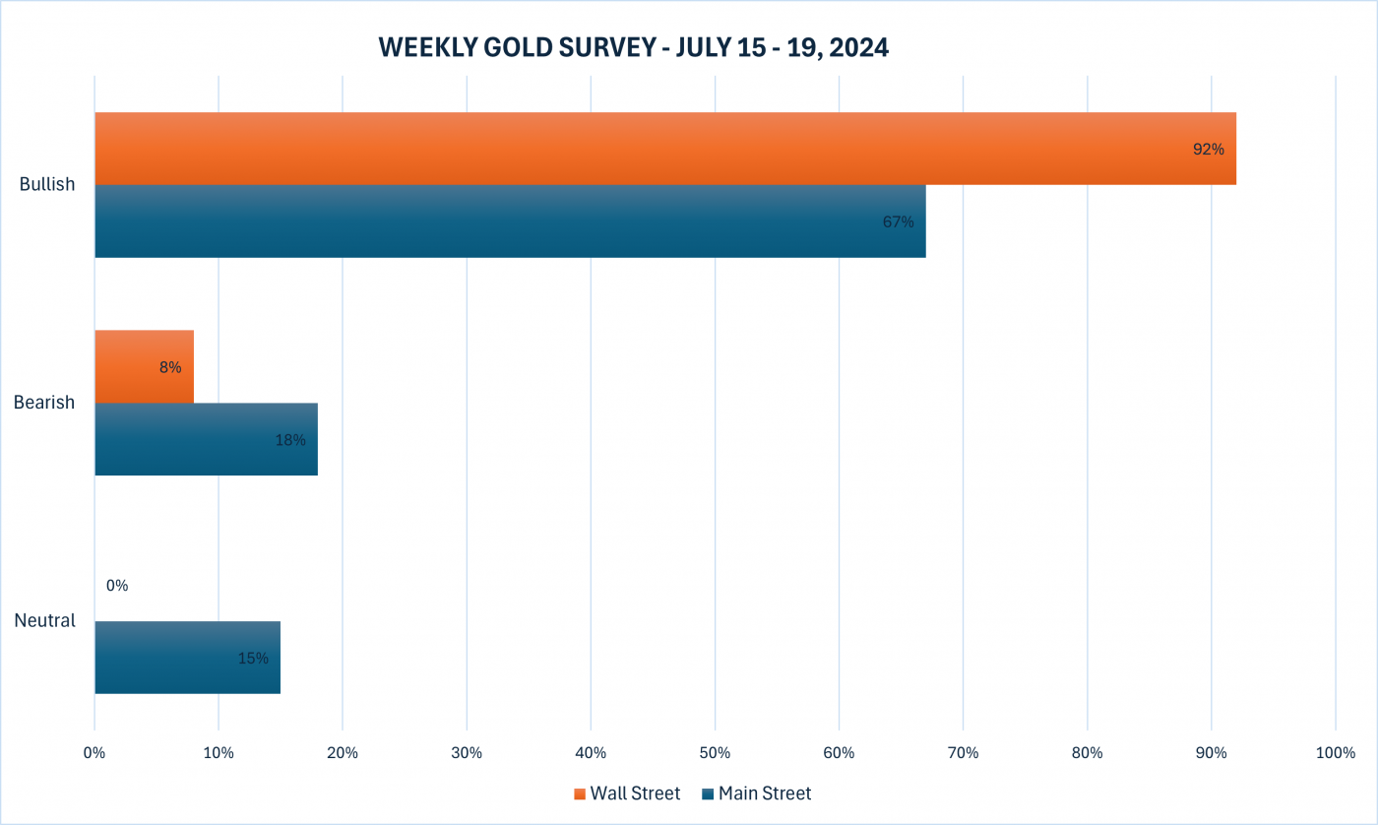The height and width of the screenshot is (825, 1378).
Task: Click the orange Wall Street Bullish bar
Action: pos(665,149)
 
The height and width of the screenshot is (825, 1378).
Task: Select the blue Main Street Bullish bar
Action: pos(510,222)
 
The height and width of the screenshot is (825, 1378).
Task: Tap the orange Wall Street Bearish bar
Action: pos(144,366)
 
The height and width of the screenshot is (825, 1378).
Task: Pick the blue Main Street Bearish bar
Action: pos(206,439)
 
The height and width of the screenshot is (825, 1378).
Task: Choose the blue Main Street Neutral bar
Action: pos(187,658)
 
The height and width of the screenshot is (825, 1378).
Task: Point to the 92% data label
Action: pos(1209,150)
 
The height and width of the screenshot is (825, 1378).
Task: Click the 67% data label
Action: pos(898,222)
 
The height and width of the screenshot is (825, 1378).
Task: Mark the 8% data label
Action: pos(169,367)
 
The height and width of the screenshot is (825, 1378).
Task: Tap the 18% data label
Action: pos(290,440)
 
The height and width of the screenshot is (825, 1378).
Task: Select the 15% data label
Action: pos(253,658)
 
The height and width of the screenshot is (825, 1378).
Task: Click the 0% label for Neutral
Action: pos(117,586)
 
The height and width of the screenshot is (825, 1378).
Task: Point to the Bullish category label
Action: pos(47,184)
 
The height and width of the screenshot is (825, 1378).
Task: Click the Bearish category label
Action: pos(44,403)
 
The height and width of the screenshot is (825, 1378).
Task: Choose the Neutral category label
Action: pos(45,621)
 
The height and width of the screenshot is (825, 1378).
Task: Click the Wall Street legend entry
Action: pos(627,793)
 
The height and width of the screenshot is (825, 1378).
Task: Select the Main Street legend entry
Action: pos(757,793)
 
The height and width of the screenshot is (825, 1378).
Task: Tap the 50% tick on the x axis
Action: pos(715,753)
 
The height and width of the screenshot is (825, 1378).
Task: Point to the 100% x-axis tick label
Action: pos(1335,753)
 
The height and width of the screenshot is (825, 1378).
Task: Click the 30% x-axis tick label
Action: pos(467,753)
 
